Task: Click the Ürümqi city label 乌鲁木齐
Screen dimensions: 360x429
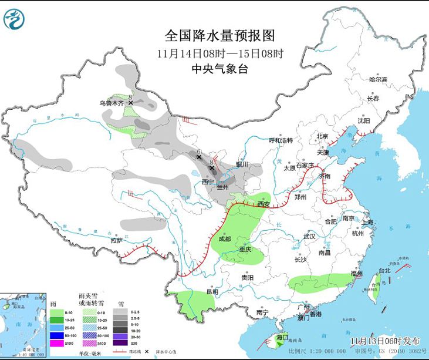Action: point(112,103)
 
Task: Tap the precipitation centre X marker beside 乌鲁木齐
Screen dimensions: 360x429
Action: point(130,102)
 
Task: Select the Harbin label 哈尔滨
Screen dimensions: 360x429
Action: point(378,80)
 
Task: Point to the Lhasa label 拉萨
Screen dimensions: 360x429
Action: point(117,240)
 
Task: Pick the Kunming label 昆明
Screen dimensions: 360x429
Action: point(211,292)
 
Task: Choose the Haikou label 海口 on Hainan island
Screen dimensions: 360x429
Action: point(282,338)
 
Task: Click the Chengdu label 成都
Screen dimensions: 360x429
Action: point(225,240)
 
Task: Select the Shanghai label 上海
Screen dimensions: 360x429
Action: point(368,223)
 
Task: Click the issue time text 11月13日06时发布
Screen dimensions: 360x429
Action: point(377,341)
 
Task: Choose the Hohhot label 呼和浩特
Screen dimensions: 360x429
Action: point(281,141)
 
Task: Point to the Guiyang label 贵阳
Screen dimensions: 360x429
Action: point(247,277)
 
